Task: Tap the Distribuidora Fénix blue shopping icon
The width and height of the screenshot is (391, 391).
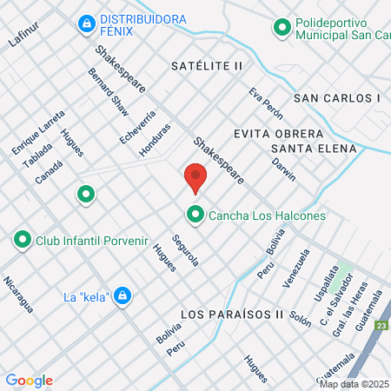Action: click(x=86, y=23)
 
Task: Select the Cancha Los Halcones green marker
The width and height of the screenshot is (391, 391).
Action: click(x=195, y=214)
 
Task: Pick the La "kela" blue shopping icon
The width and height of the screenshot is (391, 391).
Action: click(x=123, y=296)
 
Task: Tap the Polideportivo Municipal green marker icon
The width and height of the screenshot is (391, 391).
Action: click(x=282, y=28)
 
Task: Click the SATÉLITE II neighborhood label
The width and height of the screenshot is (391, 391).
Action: click(x=207, y=66)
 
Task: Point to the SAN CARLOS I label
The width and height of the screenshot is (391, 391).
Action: click(x=337, y=98)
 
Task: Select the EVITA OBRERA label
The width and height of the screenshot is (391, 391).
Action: click(x=278, y=134)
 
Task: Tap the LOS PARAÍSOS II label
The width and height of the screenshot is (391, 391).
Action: click(x=233, y=313)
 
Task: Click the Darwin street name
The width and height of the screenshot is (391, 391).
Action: click(x=283, y=169)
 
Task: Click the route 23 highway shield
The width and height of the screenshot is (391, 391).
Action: click(x=382, y=326)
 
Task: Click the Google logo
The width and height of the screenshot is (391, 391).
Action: click(x=29, y=380)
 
